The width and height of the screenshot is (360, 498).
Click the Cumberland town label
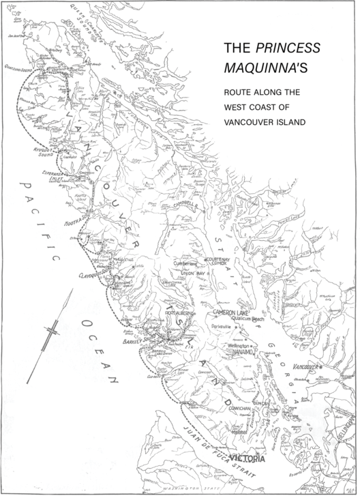coord(183,262)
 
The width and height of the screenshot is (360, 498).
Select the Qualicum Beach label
coord(248,319)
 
